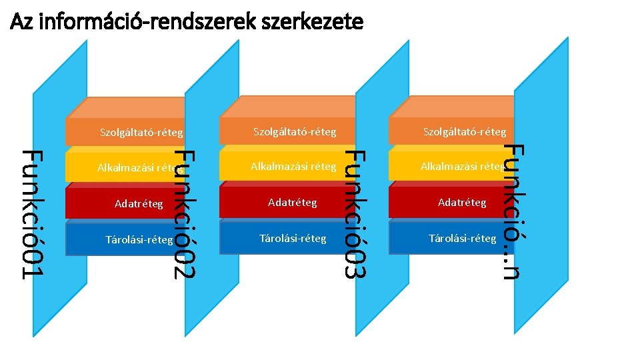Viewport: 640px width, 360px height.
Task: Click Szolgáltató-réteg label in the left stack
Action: tap(141, 132)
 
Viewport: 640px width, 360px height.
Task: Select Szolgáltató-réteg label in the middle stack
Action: tap(294, 131)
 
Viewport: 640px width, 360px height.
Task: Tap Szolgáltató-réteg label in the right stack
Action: tap(465, 131)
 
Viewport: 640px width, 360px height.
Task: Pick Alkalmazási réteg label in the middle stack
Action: tap(293, 166)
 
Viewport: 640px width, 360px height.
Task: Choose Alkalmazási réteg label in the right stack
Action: tap(462, 166)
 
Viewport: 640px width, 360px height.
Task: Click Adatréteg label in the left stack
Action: tap(139, 203)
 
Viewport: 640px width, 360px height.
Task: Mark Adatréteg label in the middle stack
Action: tap(292, 202)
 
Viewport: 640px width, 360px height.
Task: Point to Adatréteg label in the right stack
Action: tap(462, 202)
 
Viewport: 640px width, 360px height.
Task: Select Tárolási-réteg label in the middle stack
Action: tap(293, 238)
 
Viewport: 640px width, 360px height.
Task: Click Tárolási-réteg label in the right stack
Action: tap(462, 238)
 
